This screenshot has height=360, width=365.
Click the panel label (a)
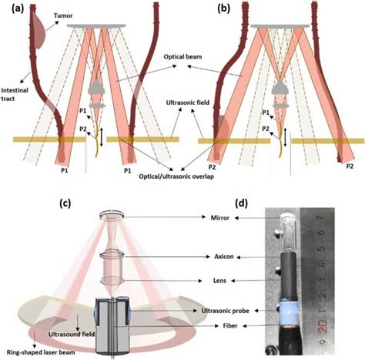[x=18, y=9]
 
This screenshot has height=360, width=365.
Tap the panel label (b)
[x=224, y=9]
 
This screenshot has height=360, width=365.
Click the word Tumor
[x=63, y=15]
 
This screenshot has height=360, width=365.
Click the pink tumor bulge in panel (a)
[x=39, y=30]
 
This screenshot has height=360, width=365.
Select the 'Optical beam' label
[x=182, y=56]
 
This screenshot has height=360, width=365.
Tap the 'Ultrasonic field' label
[x=188, y=103]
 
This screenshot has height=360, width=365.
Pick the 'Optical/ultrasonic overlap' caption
[x=176, y=177]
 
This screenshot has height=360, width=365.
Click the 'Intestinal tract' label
[x=15, y=94]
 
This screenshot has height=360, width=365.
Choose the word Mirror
[x=220, y=217]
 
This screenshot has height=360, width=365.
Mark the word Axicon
[x=224, y=257]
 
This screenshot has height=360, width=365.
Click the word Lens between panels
[x=219, y=281]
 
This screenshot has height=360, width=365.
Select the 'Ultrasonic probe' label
[x=226, y=311]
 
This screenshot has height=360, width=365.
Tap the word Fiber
[x=230, y=325]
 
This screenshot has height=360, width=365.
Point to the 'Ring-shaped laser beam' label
[x=41, y=352]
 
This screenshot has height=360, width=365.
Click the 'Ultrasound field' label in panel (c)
[x=72, y=334]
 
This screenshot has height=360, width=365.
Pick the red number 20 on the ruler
[x=323, y=326]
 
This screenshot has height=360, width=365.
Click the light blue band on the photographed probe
[x=289, y=311]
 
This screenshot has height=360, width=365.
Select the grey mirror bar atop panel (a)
[x=96, y=25]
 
